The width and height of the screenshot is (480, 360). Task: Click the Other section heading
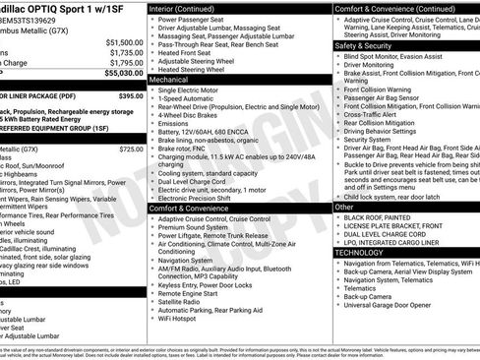click(x=344, y=208)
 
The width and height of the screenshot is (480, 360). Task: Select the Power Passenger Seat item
click(x=196, y=20)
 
